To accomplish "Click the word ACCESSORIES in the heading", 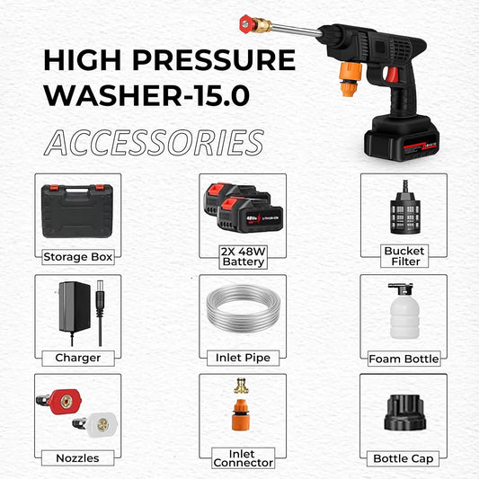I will pos(154,142).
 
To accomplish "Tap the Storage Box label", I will pos(78,256).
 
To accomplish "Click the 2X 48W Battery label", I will pos(243,256).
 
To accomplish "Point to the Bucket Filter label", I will pos(404,255).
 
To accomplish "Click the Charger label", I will pos(77,358).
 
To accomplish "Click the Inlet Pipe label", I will pos(243,358).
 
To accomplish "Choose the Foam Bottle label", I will pos(404,359).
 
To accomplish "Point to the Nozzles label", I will pos(77,458).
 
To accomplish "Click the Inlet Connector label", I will pos(243,457).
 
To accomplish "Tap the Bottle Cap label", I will pos(404,458).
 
